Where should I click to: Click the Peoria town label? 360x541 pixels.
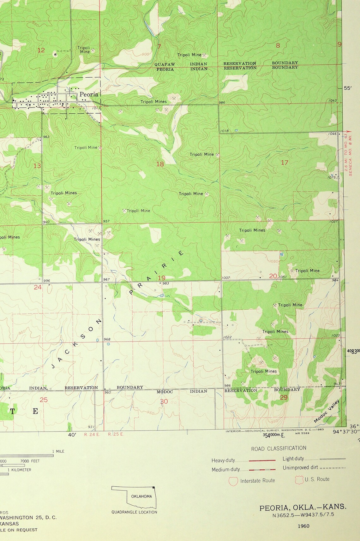(89, 94)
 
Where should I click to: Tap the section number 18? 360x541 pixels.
(160, 164)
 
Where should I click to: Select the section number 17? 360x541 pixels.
(285, 163)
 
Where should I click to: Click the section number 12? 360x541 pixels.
(41, 50)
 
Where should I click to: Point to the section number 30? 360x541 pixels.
(164, 401)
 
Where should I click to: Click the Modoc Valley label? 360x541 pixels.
(327, 411)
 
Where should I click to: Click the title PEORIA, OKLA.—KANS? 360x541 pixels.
(303, 508)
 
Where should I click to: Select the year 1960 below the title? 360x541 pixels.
(303, 526)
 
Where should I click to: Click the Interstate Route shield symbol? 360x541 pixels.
(233, 481)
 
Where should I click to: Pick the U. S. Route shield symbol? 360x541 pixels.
(299, 480)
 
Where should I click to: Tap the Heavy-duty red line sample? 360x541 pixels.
(262, 461)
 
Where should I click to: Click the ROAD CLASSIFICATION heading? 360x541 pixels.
(279, 448)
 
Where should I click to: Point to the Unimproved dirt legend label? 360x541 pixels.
(300, 468)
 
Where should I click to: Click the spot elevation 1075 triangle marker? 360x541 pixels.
(338, 178)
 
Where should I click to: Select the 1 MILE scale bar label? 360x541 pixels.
(58, 451)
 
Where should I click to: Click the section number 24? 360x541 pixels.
(38, 287)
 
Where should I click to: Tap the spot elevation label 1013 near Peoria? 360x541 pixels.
(96, 108)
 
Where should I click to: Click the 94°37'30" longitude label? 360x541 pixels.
(347, 432)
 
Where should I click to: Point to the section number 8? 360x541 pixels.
(278, 45)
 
